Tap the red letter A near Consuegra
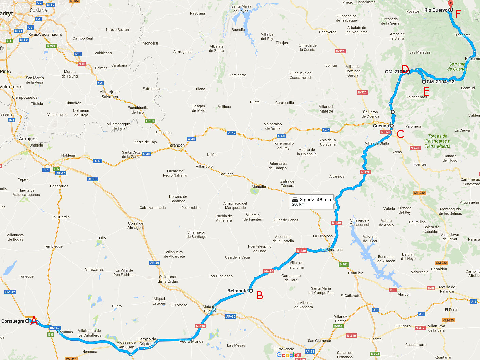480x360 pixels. pos(34,321)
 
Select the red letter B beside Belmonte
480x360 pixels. pos(260,296)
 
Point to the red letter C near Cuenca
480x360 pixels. pos(400,134)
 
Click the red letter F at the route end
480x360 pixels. pos(458,14)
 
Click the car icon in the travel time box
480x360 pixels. pos(295,200)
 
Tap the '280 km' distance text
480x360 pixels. pos(298,204)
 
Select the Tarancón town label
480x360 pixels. pos(176,145)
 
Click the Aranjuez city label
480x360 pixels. pos(28,139)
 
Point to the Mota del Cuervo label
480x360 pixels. pos(209,309)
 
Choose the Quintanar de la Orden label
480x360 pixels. pos(168,279)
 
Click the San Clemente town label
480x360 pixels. pos(319,341)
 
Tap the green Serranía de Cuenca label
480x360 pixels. pos(457,66)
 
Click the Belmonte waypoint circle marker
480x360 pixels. pos(251,291)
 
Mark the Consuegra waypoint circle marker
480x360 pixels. pos(27,321)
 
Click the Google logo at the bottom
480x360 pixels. pos(287,355)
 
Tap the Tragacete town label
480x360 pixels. pos(462,35)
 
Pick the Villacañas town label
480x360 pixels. pos(94,269)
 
